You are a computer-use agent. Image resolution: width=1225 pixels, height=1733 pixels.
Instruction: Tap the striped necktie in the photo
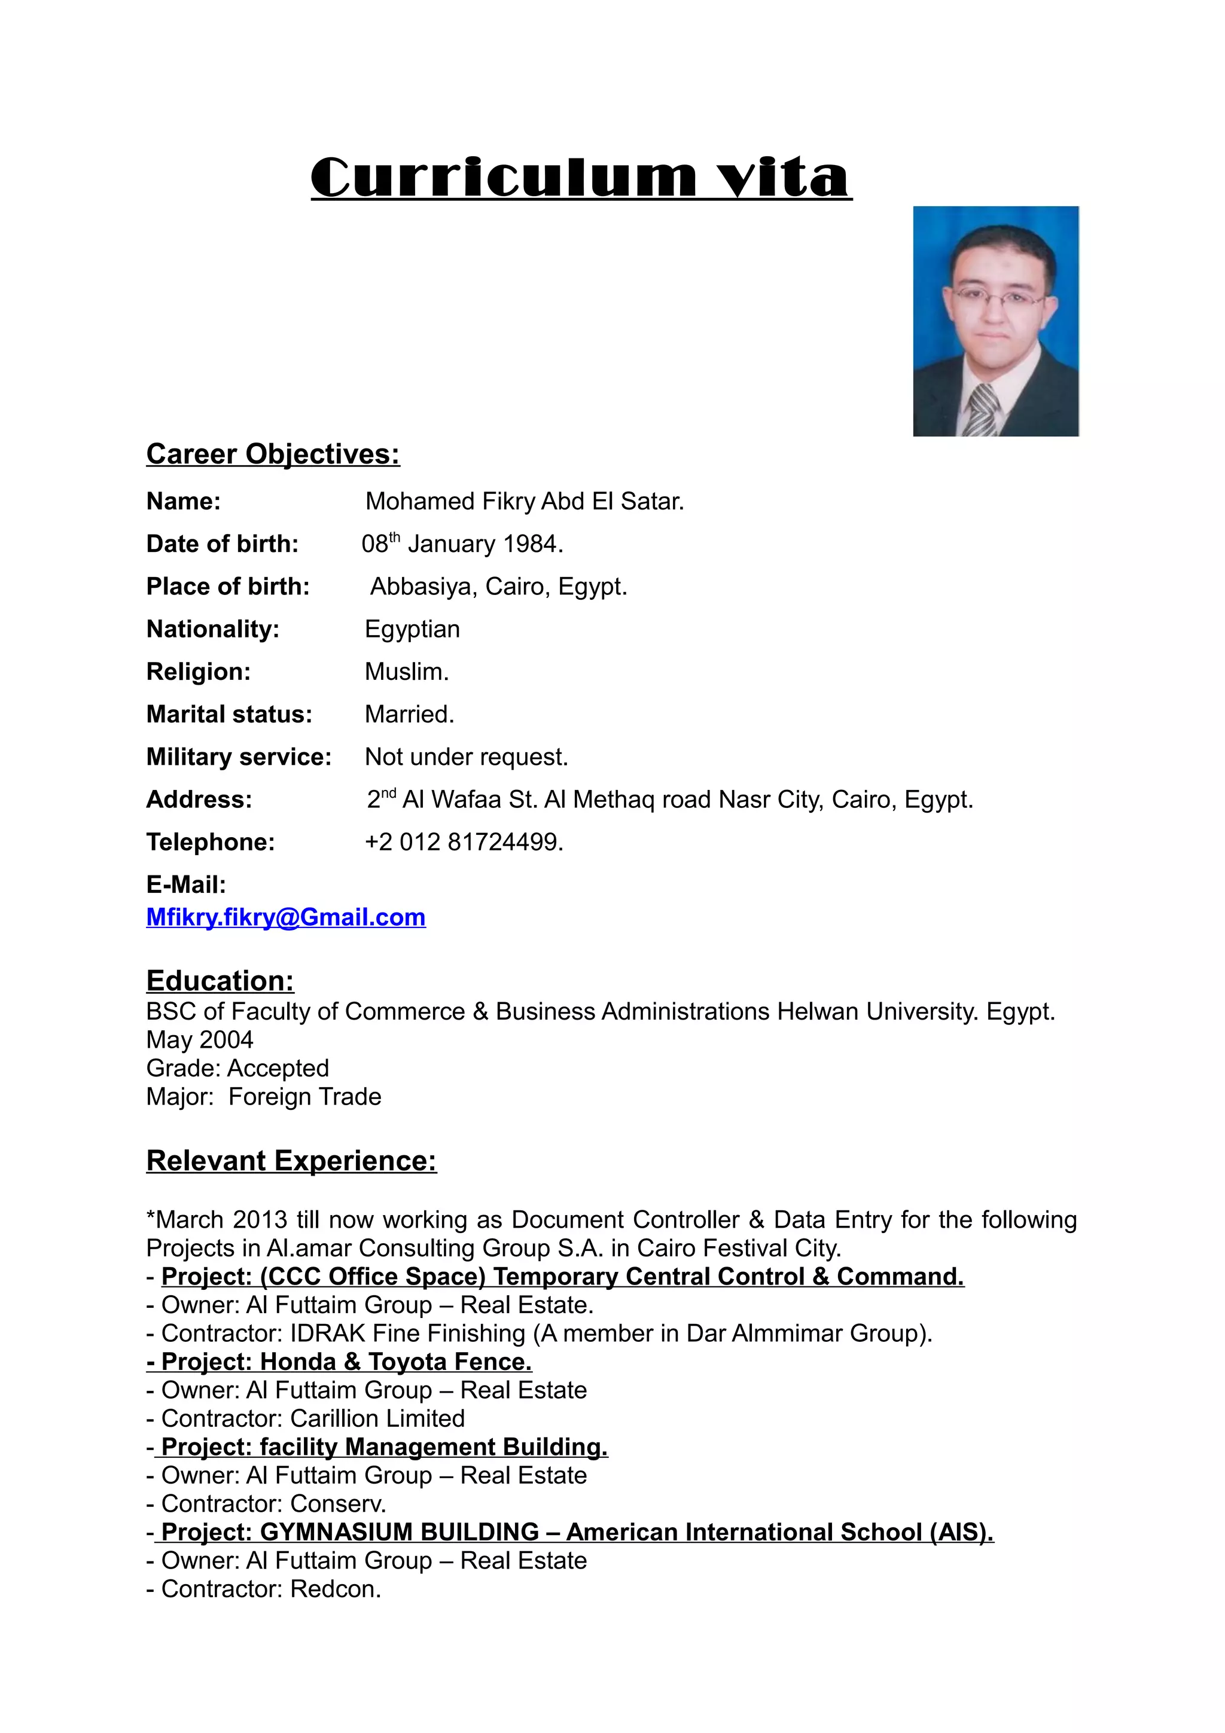click(x=983, y=410)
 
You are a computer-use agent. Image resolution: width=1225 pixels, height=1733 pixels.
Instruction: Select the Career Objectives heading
click(x=273, y=454)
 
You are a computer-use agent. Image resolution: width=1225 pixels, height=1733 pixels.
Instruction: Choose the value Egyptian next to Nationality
click(x=412, y=628)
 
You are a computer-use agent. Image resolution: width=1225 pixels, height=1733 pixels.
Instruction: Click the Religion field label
click(x=199, y=671)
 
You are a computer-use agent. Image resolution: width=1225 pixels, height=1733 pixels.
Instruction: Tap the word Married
click(x=409, y=714)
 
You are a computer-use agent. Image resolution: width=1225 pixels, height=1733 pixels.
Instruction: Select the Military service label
click(x=239, y=756)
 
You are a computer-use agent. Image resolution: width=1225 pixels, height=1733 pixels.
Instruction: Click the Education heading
click(x=220, y=981)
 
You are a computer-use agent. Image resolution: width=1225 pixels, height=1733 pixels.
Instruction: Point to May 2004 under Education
click(x=199, y=1039)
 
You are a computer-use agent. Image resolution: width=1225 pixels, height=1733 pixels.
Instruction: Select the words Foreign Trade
click(x=304, y=1096)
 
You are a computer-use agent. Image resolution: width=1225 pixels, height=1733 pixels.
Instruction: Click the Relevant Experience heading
click(x=291, y=1160)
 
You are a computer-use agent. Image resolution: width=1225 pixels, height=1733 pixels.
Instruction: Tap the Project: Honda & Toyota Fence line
click(x=340, y=1361)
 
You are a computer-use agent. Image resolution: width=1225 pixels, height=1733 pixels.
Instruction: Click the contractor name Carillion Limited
click(x=377, y=1418)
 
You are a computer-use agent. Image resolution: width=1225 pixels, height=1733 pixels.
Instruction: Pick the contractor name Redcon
click(x=334, y=1589)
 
